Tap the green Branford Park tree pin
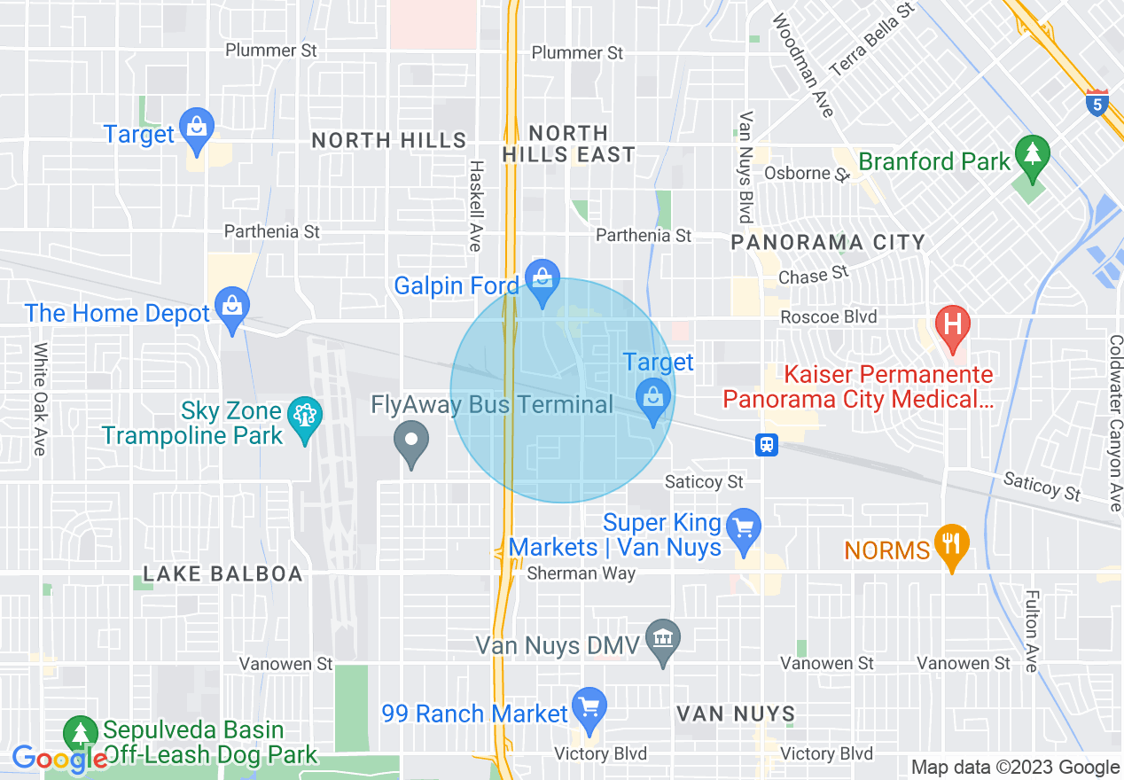coord(1032,154)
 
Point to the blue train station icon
coord(767,445)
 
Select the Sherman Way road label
coord(582,573)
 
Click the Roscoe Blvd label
coord(828,316)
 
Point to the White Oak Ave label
coord(40,399)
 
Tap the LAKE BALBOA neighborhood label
coord(222,573)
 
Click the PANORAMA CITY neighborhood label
coord(827,242)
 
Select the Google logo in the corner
coord(59,759)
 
